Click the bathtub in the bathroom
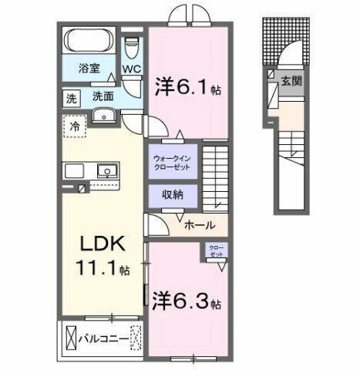91,41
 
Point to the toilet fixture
133,46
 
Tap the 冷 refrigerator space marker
74,126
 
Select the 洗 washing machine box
70,98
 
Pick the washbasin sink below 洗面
105,116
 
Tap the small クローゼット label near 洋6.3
214,250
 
